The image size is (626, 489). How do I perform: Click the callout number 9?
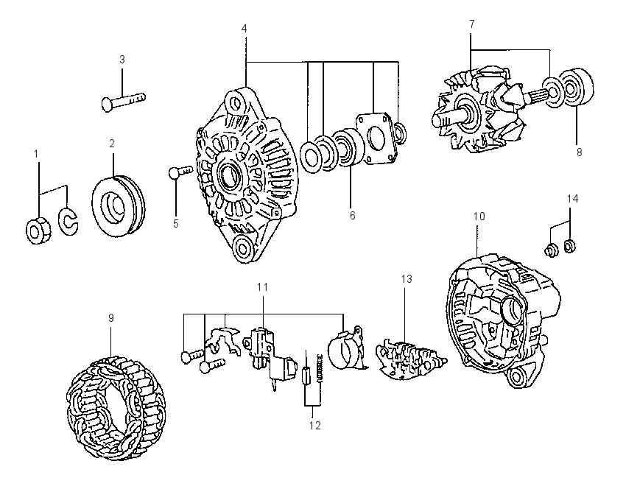[x=111, y=317]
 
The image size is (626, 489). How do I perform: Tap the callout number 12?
[x=314, y=426]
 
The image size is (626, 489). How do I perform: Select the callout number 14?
[x=572, y=198]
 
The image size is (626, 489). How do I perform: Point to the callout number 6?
[x=353, y=215]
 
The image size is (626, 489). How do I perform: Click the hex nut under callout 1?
[x=38, y=231]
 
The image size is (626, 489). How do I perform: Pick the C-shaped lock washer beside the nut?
[x=68, y=221]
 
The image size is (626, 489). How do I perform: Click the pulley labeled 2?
[x=118, y=206]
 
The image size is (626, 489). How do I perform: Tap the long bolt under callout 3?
[x=124, y=102]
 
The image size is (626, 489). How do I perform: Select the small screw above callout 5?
[x=179, y=172]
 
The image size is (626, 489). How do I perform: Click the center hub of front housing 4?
[x=228, y=175]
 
